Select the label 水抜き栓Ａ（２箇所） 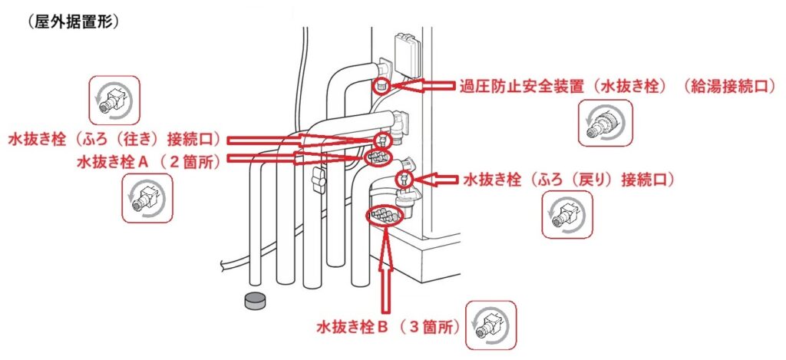click(148, 162)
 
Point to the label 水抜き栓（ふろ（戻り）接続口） click(569, 179)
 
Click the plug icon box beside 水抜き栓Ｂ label click(490, 325)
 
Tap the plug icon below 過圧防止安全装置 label click(605, 124)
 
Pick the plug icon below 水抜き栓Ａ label click(147, 199)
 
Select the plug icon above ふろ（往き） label click(114, 101)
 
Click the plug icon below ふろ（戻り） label click(567, 215)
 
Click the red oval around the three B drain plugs click(385, 216)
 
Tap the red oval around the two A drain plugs click(378, 157)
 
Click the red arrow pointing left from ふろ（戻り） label click(436, 179)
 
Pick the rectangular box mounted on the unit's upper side click(407, 54)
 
